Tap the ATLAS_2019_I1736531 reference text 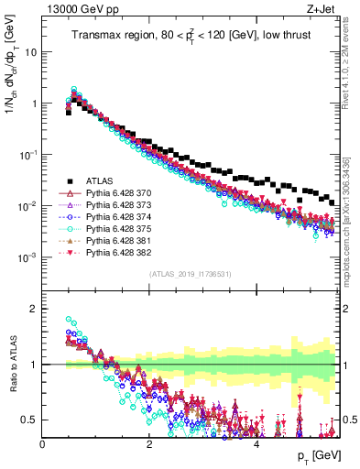pyautogui.click(x=191, y=274)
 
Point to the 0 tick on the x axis pyautogui.click(x=43, y=442)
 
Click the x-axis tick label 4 pyautogui.click(x=256, y=442)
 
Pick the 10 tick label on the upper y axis pyautogui.click(x=29, y=52)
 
